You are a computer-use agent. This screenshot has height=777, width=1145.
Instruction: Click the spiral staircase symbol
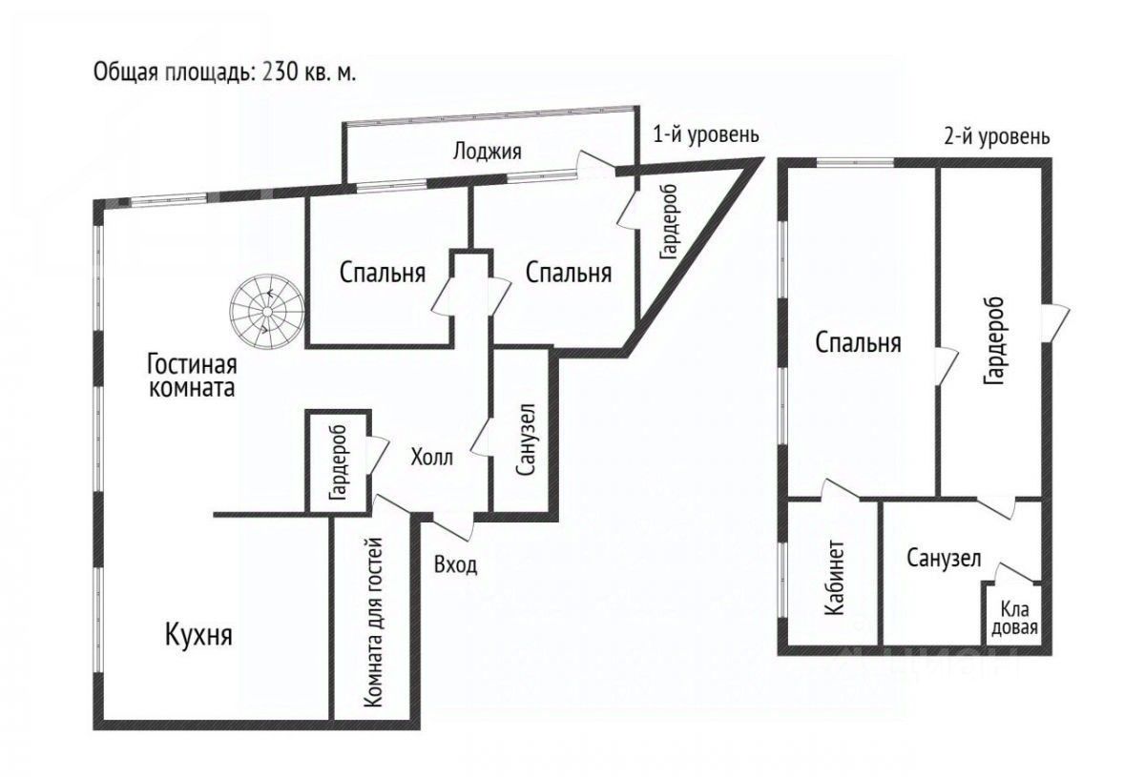coord(267,311)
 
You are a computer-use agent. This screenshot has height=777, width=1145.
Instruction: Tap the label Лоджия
coord(488,151)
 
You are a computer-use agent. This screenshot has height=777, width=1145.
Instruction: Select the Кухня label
coord(199,635)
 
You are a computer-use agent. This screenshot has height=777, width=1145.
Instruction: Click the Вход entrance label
coord(455,564)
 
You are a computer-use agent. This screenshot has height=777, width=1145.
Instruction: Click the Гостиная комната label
coord(192,376)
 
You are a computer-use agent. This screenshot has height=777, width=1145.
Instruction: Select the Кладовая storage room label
coord(1013,618)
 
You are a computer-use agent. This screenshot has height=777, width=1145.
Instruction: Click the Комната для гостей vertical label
coord(374,623)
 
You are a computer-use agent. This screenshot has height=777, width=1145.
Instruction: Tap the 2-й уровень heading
coord(995,136)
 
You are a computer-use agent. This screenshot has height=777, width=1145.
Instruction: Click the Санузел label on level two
coord(945,560)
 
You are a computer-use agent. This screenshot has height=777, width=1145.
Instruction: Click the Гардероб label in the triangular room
coord(669,222)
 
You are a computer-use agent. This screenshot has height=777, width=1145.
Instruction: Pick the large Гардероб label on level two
coord(992,340)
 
